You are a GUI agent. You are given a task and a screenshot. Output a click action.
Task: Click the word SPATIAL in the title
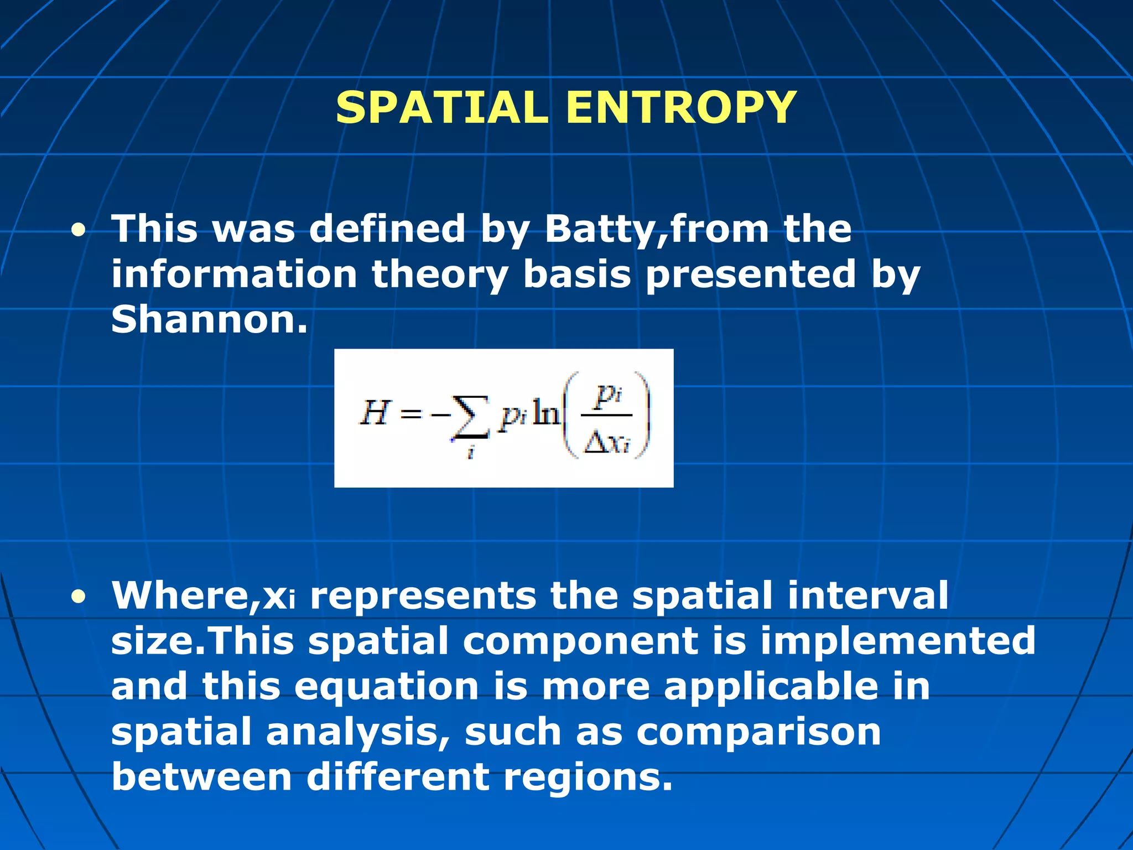point(441,107)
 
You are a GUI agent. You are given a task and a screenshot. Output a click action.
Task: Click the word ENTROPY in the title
point(681,107)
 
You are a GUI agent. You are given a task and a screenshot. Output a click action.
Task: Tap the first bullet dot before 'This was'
point(79,230)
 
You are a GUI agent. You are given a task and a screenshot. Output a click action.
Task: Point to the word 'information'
point(234,274)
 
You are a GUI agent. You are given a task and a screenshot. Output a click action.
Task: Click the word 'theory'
point(439,276)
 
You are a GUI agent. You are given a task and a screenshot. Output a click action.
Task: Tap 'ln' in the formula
point(545,413)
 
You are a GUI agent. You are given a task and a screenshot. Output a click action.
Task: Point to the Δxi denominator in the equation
point(607,443)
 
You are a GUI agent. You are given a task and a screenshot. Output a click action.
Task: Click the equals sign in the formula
point(410,414)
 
